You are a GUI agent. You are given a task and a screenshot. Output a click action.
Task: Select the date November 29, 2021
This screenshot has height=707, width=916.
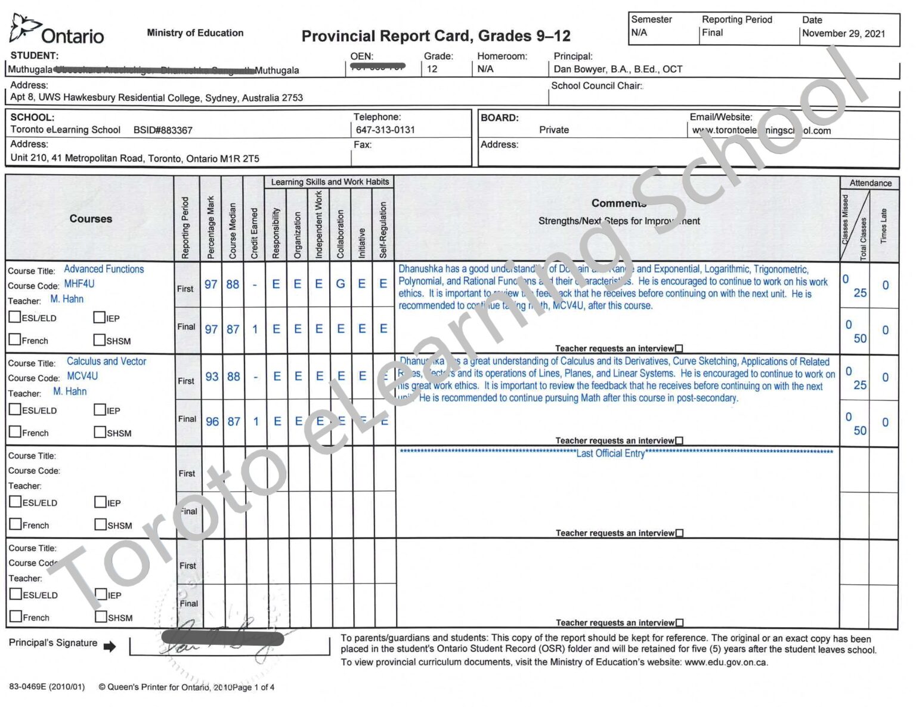[843, 33]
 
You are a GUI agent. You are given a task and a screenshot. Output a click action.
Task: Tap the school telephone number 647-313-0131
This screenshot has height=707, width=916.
[385, 129]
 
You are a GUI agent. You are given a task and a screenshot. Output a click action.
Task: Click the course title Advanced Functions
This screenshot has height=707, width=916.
[104, 269]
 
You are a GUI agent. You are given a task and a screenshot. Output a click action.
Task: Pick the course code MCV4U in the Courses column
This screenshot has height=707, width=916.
[82, 376]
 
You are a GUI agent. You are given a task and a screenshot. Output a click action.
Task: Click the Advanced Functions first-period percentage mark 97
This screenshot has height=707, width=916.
[211, 285]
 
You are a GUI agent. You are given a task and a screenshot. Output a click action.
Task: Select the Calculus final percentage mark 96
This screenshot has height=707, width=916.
[212, 421]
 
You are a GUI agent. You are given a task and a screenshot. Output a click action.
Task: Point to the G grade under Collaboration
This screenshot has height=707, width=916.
[340, 284]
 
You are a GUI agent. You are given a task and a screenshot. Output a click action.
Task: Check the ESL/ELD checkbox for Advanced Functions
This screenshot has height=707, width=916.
[15, 317]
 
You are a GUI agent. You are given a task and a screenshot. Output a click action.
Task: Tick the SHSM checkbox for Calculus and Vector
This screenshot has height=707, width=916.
[100, 431]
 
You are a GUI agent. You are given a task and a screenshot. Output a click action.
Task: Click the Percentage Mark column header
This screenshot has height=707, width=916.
[211, 227]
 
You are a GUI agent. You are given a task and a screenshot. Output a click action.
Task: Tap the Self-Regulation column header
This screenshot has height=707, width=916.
[383, 230]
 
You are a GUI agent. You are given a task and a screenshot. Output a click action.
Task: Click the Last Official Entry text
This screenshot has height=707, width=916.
[610, 453]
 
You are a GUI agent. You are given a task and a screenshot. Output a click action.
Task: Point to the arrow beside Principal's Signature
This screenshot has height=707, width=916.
[110, 646]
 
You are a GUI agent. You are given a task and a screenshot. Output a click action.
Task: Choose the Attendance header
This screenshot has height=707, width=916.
[870, 183]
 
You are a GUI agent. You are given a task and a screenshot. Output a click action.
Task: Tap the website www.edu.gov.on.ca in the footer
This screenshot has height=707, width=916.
[726, 662]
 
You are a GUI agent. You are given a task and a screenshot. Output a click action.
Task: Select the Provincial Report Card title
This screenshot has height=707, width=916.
[436, 36]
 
